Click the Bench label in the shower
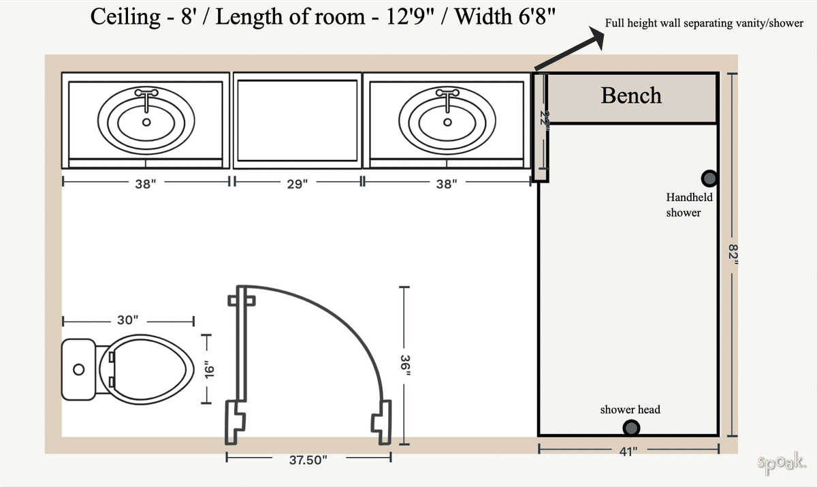click(631, 95)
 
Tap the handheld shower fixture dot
click(709, 178)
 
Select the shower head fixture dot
click(632, 428)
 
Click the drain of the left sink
click(146, 123)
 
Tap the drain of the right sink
click(447, 123)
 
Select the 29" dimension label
click(297, 183)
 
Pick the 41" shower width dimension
click(628, 450)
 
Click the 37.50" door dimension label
click(308, 460)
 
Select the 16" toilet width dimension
click(209, 369)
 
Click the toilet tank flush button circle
click(79, 369)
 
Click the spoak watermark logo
click(782, 463)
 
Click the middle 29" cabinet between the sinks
click(298, 121)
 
